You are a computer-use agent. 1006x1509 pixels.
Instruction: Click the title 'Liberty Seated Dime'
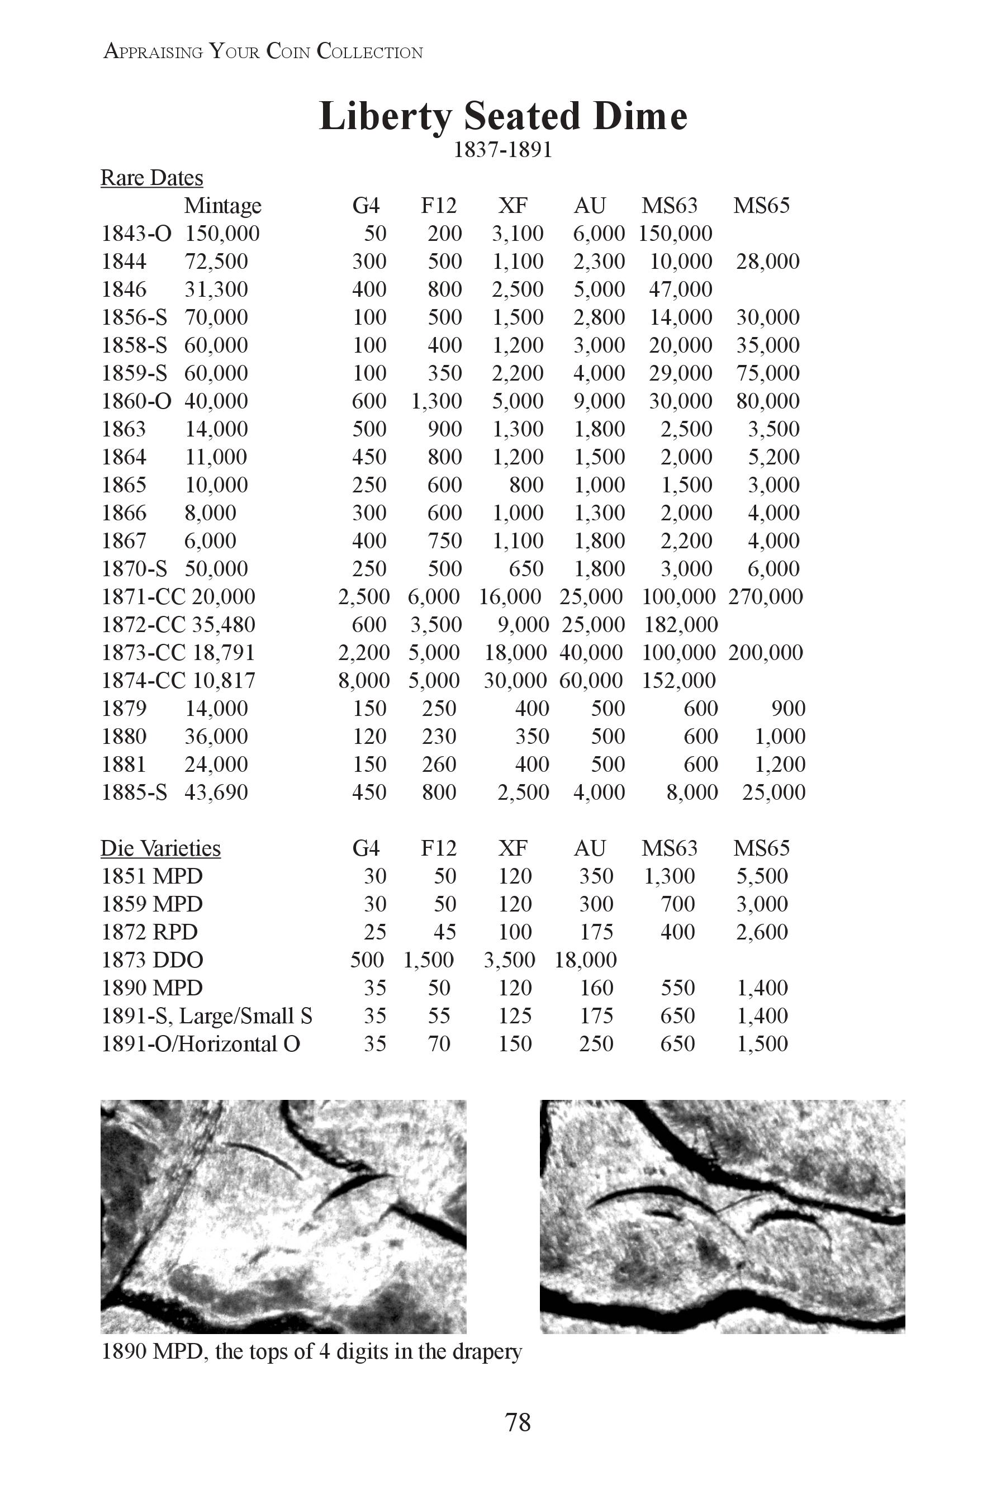click(x=503, y=116)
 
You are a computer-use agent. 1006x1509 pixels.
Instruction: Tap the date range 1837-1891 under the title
click(x=503, y=150)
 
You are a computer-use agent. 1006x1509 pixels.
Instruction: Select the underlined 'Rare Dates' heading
click(x=151, y=178)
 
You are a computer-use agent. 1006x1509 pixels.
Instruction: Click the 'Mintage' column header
click(x=222, y=206)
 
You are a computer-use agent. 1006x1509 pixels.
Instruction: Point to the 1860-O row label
click(x=137, y=401)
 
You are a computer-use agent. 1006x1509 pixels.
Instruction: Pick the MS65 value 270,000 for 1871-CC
click(x=766, y=597)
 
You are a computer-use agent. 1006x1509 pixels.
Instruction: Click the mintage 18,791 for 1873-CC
click(x=223, y=652)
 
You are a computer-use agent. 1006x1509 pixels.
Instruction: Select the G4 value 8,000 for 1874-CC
click(x=364, y=681)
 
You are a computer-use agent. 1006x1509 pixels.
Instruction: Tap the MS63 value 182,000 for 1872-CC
click(x=681, y=625)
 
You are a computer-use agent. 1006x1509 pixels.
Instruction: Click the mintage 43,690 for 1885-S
click(x=216, y=793)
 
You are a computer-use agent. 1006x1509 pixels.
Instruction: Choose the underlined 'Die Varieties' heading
click(x=160, y=848)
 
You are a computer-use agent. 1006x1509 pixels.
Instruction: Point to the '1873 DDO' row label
click(x=153, y=960)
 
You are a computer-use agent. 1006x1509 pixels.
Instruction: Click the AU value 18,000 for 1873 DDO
click(x=586, y=960)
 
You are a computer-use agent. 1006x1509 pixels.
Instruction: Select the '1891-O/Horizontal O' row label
click(x=201, y=1044)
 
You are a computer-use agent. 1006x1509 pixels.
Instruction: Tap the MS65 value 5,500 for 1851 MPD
click(x=762, y=876)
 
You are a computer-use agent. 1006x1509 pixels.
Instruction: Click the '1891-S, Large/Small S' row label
click(x=207, y=1016)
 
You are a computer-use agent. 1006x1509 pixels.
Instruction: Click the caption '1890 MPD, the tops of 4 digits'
click(x=312, y=1352)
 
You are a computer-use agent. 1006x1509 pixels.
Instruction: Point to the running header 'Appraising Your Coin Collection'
click(x=263, y=51)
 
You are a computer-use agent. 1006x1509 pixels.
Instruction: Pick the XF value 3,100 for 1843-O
click(x=518, y=234)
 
